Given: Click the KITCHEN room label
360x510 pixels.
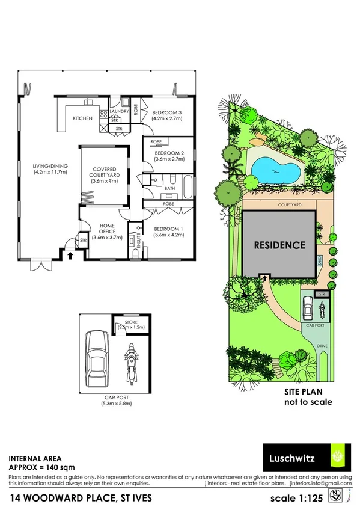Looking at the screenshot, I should click(x=82, y=118).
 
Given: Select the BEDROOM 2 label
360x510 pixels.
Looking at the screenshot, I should click(x=168, y=153).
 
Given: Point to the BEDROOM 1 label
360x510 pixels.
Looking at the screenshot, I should click(x=168, y=229).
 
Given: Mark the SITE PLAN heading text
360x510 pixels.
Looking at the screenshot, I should click(x=308, y=390).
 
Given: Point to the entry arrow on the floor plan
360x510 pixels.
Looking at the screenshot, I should click(x=71, y=256).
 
